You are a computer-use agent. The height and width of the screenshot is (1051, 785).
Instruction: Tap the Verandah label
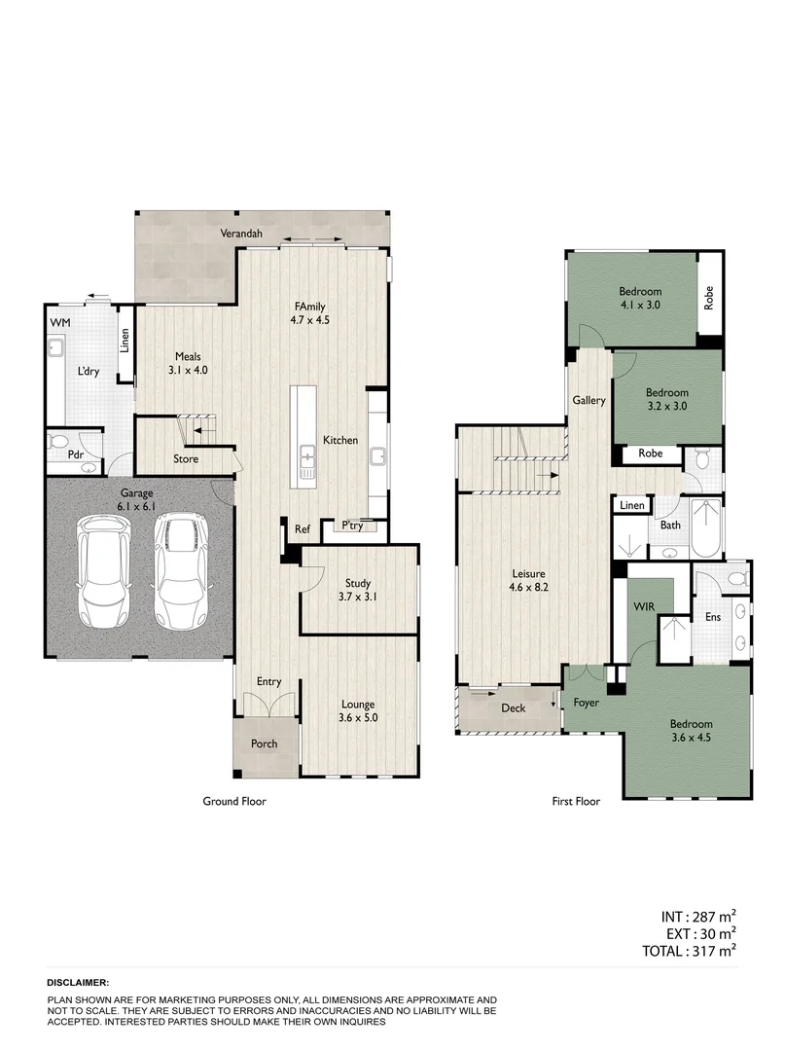[x=240, y=234]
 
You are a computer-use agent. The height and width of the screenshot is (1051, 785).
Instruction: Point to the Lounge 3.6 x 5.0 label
[x=357, y=711]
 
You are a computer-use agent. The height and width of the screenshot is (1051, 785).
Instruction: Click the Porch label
[x=264, y=743]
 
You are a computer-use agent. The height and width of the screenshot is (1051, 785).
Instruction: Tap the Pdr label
[x=74, y=455]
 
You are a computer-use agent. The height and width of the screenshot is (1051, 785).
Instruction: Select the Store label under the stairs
[x=186, y=458]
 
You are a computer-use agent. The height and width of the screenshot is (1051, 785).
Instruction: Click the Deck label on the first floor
[x=513, y=708]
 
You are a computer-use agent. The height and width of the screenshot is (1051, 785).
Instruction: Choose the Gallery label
[x=589, y=400]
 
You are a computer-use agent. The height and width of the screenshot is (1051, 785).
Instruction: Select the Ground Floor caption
[x=233, y=802]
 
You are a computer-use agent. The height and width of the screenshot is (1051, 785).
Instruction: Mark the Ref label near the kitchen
[x=302, y=529]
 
